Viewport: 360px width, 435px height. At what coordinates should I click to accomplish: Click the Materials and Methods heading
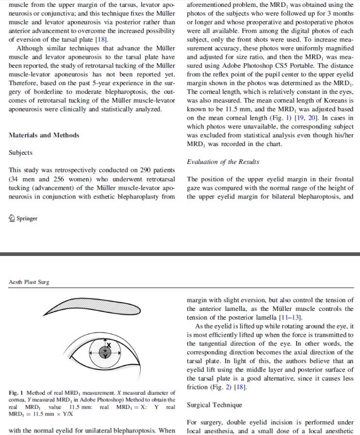(44, 135)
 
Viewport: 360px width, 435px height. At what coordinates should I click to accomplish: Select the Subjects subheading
(21, 152)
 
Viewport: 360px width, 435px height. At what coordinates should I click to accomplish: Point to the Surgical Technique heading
(214, 405)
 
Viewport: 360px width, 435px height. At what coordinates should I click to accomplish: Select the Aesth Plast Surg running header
(29, 282)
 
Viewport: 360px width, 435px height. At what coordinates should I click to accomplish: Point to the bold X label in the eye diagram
(109, 345)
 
